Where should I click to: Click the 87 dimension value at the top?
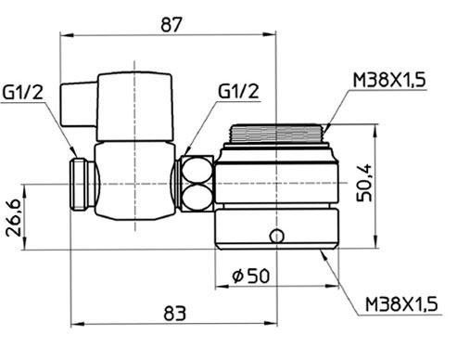pos(171,25)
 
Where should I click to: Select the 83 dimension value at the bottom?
pos(175,313)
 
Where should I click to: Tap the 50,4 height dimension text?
pos(364,183)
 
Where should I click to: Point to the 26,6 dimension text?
pos(14,218)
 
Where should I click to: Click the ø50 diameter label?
pos(251,276)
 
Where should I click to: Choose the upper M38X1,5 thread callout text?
pos(389,80)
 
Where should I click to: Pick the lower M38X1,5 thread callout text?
pos(401,304)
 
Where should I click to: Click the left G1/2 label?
pos(22,92)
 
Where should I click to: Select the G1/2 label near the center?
pos(238,91)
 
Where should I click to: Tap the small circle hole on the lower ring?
pos(277,237)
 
